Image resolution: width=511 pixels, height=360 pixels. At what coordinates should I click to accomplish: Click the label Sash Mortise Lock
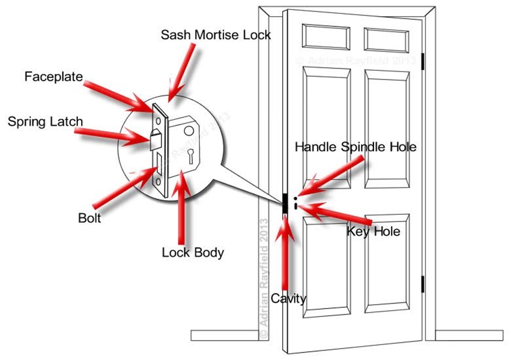point(216,34)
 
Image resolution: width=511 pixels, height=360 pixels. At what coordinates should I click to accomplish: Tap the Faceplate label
point(53,77)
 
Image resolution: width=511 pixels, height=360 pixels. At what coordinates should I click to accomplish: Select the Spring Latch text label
point(45,122)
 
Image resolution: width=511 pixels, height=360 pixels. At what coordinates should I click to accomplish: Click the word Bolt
point(89,217)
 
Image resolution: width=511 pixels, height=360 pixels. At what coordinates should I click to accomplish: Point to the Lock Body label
point(193,252)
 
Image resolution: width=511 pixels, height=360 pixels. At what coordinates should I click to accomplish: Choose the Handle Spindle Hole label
point(355,146)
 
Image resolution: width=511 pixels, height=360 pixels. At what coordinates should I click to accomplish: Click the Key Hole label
point(373,231)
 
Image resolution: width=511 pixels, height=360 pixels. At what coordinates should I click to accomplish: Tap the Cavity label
point(288,298)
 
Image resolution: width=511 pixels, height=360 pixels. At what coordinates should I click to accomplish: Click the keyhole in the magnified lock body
point(190,157)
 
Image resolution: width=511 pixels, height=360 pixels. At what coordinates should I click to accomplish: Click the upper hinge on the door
point(423,61)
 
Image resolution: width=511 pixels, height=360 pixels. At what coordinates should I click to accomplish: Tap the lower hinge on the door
point(423,284)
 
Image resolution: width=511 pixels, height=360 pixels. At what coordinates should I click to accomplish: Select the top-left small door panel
point(327,37)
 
